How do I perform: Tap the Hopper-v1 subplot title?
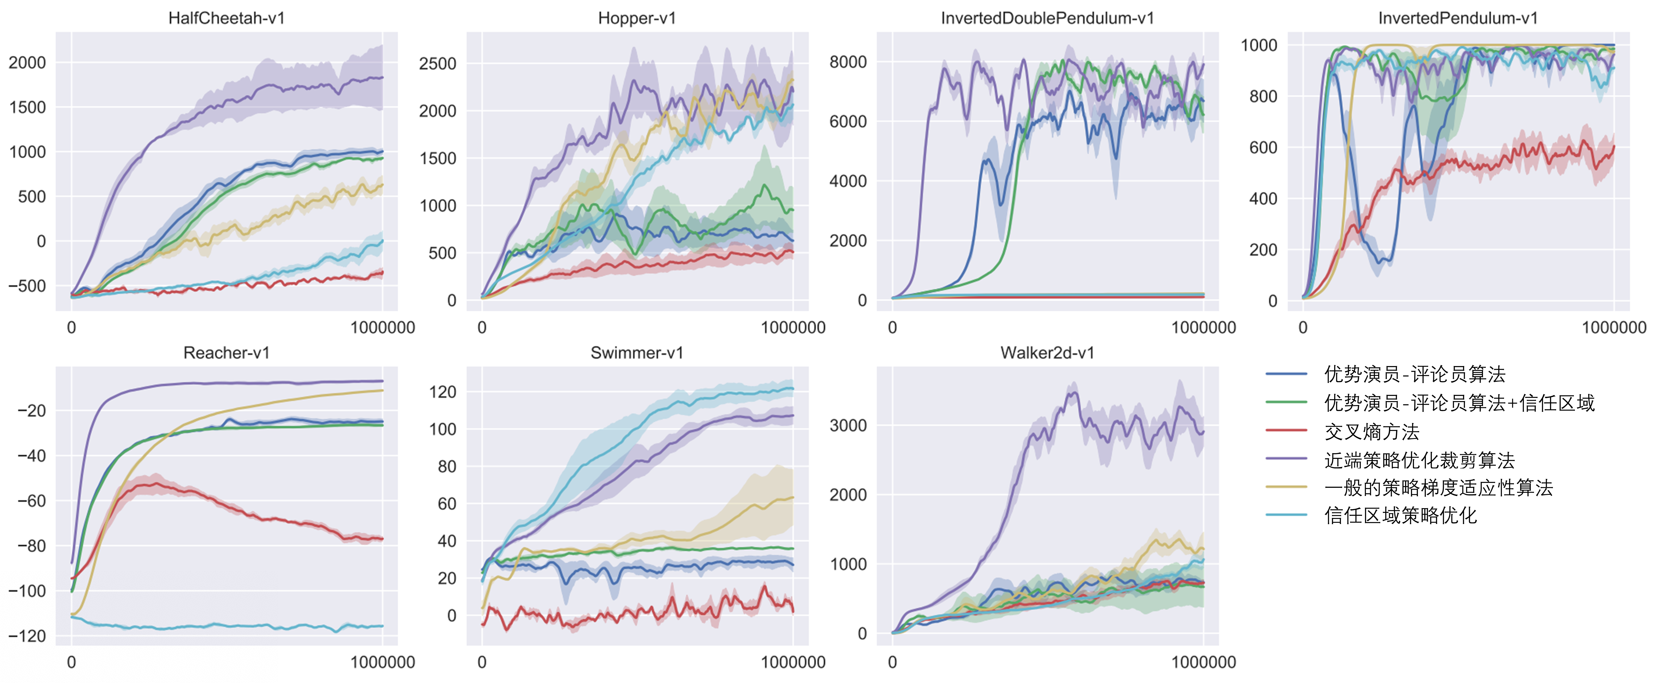(637, 18)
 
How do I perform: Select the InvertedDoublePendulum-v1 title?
(1047, 18)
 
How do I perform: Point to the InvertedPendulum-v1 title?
(1458, 18)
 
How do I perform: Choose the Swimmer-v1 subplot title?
(637, 353)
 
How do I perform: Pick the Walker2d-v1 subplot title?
(1047, 353)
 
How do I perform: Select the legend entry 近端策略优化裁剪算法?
(1419, 460)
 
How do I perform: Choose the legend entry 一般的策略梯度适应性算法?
(1438, 488)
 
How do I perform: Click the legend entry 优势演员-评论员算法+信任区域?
(1459, 403)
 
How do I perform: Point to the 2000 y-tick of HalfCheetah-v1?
(27, 63)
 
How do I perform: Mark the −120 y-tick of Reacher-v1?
(27, 636)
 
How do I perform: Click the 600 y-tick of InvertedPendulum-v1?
(1263, 148)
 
